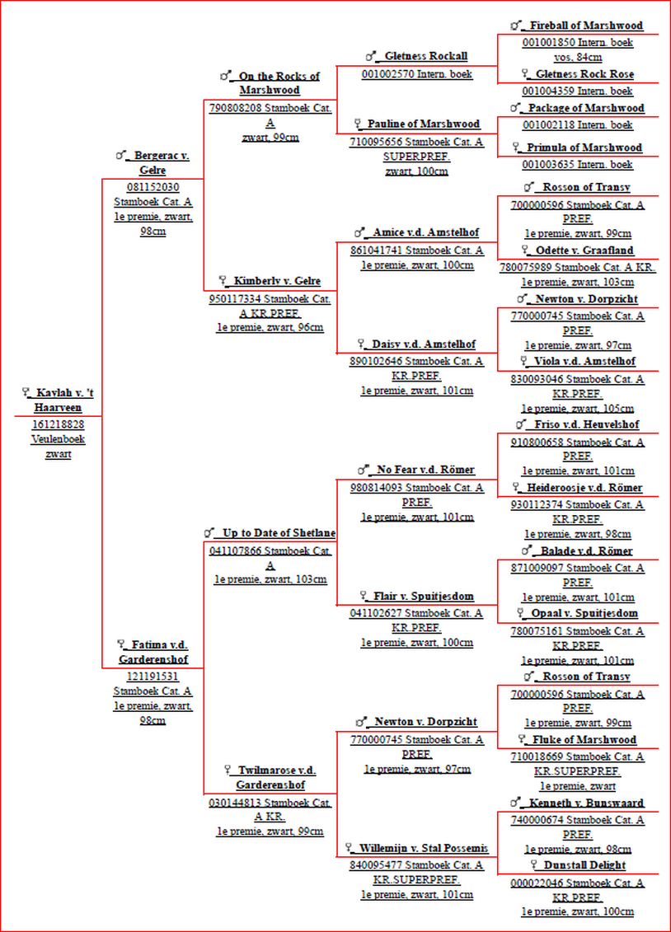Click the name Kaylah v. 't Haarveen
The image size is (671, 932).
[63, 400]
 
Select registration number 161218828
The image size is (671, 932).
[59, 424]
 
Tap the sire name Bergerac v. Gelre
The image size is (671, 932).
[158, 163]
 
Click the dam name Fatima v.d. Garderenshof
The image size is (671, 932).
[157, 652]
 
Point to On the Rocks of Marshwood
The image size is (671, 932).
[275, 83]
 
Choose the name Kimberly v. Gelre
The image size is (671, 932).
[277, 280]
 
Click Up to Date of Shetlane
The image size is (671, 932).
[279, 532]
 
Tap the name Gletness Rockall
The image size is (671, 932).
[425, 56]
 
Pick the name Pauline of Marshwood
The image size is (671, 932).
[423, 124]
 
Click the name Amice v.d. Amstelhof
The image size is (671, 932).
[425, 232]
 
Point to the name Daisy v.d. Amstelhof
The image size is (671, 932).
[424, 344]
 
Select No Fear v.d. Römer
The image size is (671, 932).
[425, 470]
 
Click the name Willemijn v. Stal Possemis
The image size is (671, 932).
[423, 848]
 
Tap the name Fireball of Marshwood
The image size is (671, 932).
[586, 26]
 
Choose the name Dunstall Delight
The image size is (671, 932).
[584, 864]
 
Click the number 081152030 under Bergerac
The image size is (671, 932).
[152, 187]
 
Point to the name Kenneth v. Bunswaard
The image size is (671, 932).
[586, 803]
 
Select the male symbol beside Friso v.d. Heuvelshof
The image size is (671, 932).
[521, 424]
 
